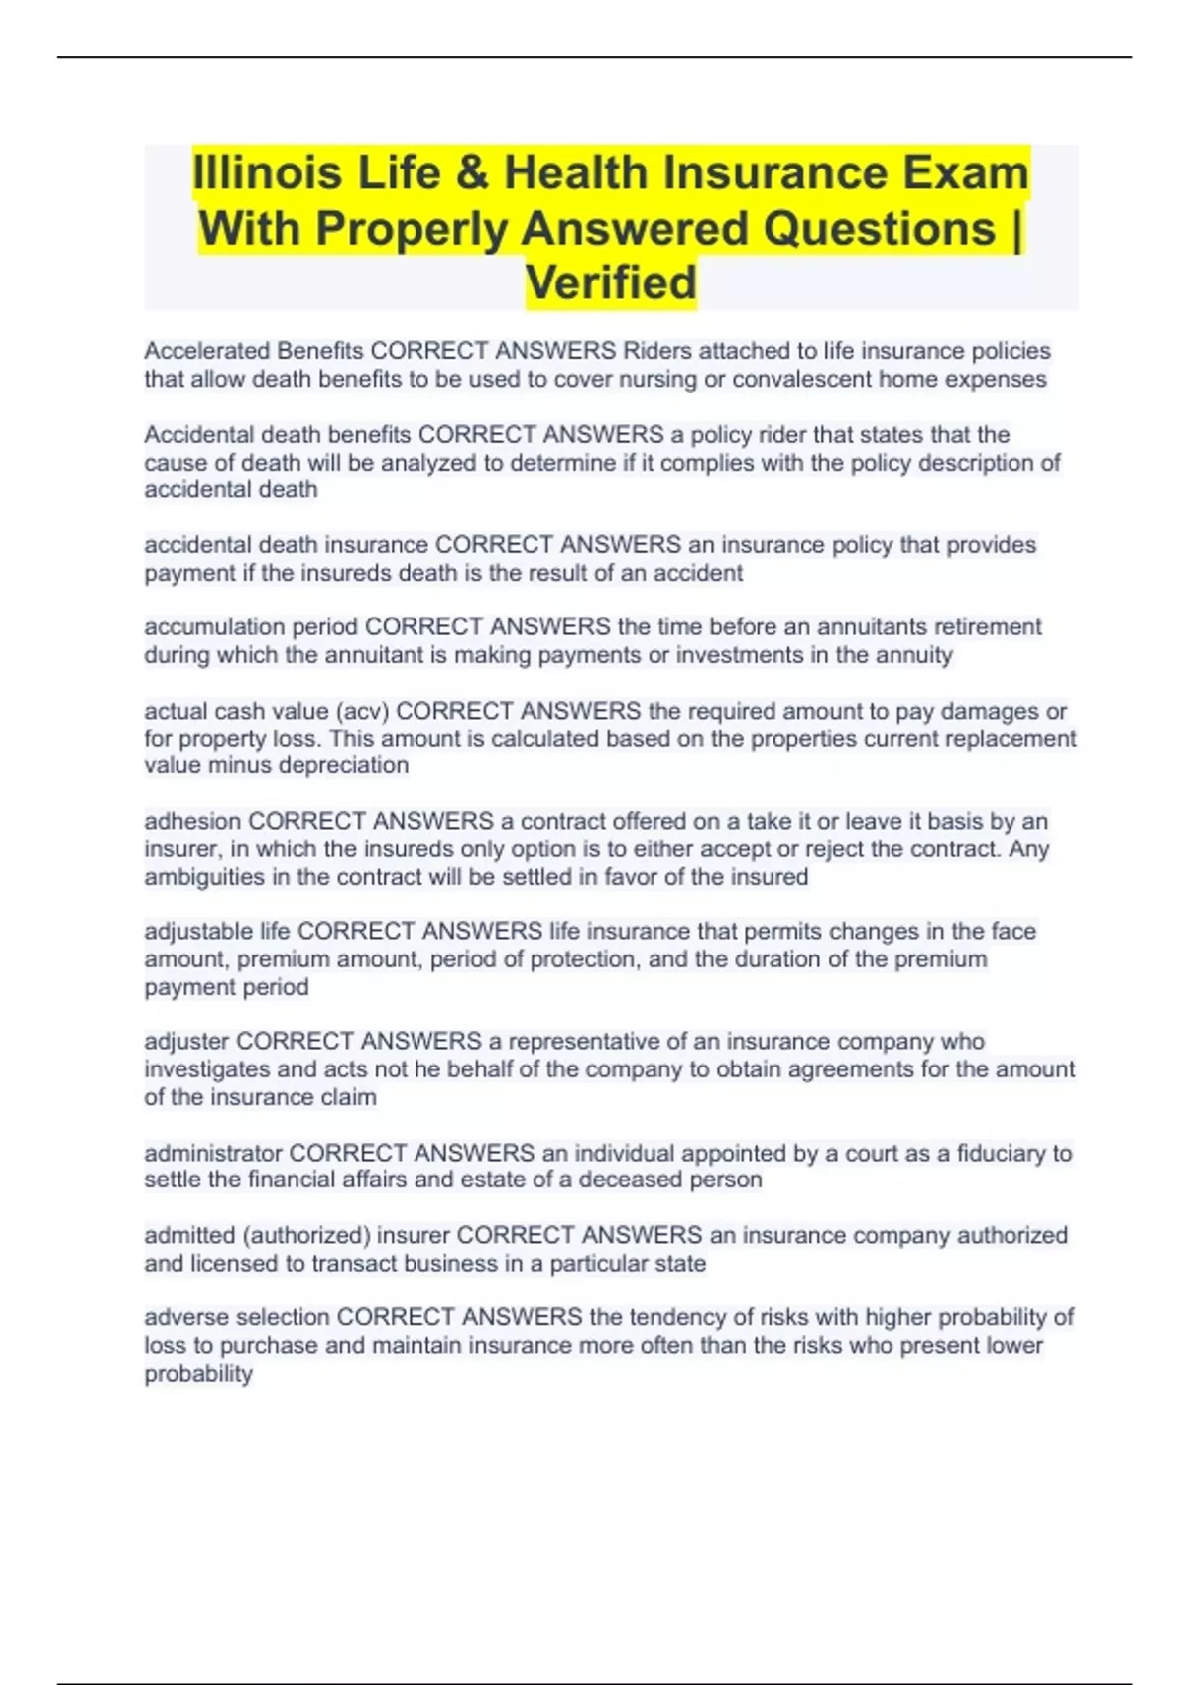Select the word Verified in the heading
611,282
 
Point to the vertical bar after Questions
1016,228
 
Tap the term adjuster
186,1042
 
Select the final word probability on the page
198,1374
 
